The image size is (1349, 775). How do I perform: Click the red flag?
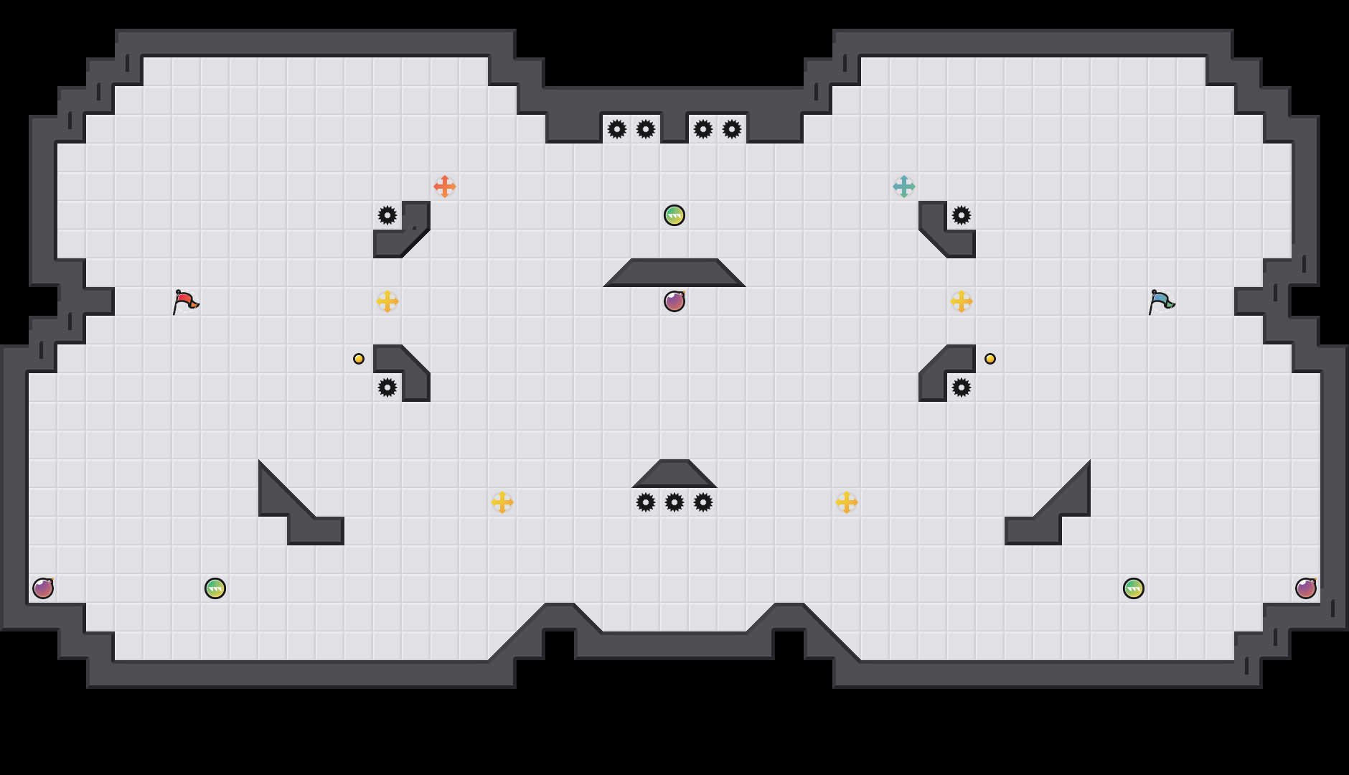184,301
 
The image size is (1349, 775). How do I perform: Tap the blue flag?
1160,301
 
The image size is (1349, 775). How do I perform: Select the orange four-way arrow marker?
445,187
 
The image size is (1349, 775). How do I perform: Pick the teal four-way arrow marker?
904,187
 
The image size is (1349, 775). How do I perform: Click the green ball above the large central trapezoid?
674,215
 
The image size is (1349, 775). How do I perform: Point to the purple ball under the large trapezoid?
674,301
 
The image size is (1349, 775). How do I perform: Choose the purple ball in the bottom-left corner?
43,588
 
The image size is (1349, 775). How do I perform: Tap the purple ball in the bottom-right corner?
1306,588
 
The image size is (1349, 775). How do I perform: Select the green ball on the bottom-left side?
215,588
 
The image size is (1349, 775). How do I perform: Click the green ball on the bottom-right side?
1134,588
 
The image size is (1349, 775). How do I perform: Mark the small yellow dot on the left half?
359,359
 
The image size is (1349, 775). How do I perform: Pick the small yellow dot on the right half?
990,359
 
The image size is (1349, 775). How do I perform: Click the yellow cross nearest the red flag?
387,301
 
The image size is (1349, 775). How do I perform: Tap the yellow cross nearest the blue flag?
962,301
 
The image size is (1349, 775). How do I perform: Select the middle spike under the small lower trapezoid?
674,502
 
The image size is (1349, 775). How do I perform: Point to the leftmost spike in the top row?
617,129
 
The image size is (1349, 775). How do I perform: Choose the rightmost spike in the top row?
732,129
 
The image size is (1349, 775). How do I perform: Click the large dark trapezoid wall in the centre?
674,273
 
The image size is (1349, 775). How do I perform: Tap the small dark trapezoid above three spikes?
674,474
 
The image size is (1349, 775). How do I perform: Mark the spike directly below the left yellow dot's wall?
387,387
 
